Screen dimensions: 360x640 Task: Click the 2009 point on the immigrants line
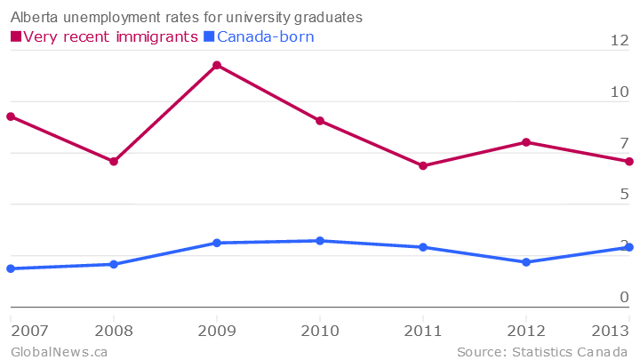pos(217,65)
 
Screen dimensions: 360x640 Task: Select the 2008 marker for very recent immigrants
pos(114,161)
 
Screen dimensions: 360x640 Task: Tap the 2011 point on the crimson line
pos(423,165)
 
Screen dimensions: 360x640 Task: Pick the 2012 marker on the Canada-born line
pos(526,262)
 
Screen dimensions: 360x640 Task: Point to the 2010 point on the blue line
pos(320,241)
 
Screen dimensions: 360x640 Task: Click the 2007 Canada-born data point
pos(11,268)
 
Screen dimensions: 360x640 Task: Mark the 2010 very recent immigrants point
pos(320,121)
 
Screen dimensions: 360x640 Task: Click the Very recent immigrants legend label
pos(110,36)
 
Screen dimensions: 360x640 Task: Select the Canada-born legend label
pos(265,36)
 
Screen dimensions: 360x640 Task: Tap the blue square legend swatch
pos(209,36)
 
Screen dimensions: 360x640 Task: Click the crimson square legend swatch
pos(15,36)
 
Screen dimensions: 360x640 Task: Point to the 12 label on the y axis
pos(619,40)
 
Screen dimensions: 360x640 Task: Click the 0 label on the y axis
pos(624,297)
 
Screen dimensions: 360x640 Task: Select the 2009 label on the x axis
pos(217,331)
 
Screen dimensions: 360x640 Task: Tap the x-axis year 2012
pos(526,331)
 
